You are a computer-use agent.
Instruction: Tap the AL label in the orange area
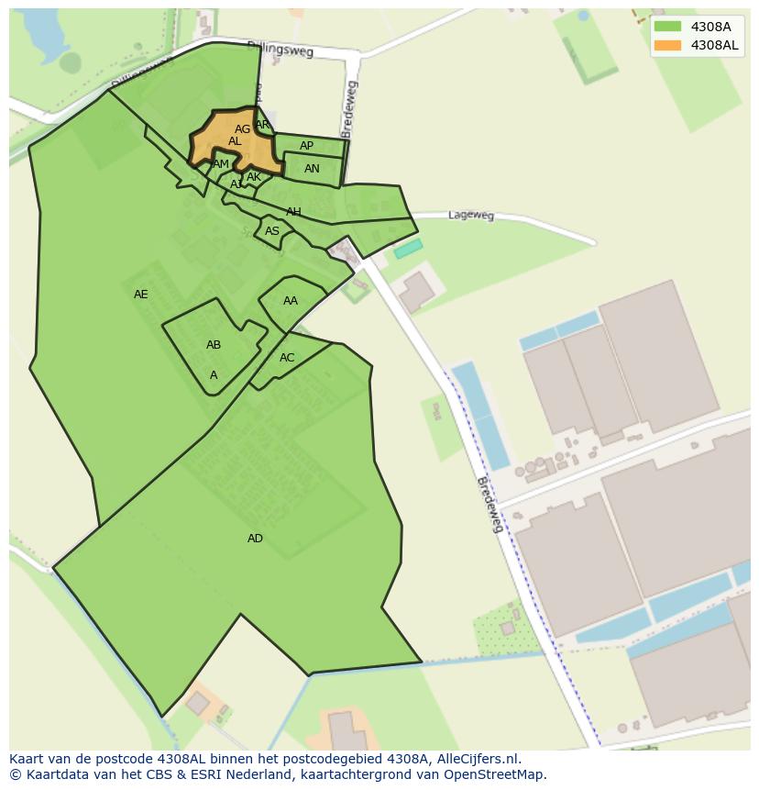235,141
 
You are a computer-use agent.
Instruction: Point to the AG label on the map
242,129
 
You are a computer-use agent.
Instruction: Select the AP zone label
307,146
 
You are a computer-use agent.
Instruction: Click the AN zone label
312,169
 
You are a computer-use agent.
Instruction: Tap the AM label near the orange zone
221,164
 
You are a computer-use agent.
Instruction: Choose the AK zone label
254,177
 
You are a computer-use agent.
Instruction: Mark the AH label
293,212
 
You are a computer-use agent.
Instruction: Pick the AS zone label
272,231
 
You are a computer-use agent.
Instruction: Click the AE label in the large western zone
140,295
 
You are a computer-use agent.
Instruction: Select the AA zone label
291,301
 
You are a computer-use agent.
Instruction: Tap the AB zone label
214,345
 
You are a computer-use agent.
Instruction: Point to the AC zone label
287,358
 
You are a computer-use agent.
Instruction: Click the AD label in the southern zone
255,539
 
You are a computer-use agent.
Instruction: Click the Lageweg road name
471,216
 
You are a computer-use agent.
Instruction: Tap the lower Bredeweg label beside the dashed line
491,506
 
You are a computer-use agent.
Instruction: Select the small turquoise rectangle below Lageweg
408,249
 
